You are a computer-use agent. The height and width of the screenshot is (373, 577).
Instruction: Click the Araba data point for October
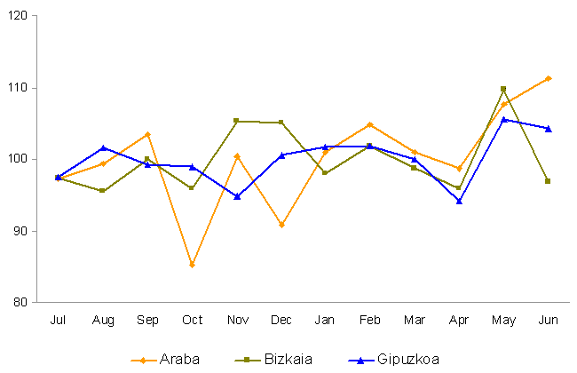[192, 265]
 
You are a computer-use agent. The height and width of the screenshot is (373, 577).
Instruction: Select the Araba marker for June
[549, 78]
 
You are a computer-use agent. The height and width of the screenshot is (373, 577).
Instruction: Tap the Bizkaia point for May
[503, 89]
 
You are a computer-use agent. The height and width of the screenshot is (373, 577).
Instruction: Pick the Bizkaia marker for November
[236, 121]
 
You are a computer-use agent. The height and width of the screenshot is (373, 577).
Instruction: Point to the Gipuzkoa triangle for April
[459, 201]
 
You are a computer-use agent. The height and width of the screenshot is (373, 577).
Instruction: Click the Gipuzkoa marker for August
[103, 147]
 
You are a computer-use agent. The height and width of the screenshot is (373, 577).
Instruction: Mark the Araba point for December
[281, 225]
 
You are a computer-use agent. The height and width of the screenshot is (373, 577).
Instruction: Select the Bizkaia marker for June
[548, 181]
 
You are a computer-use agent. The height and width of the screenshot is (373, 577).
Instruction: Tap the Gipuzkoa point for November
[236, 196]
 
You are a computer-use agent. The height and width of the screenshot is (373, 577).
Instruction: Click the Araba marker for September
[147, 134]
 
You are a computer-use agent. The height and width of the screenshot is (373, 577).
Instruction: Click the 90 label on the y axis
[20, 231]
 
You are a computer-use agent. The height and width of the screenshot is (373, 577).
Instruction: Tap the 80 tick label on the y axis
[20, 302]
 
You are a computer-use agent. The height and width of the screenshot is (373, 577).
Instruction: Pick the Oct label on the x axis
[192, 320]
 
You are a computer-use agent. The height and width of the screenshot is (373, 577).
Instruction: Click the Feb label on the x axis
[369, 320]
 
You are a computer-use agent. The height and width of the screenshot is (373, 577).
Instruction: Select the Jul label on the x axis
[59, 320]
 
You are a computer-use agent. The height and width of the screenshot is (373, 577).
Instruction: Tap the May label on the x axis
[503, 320]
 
